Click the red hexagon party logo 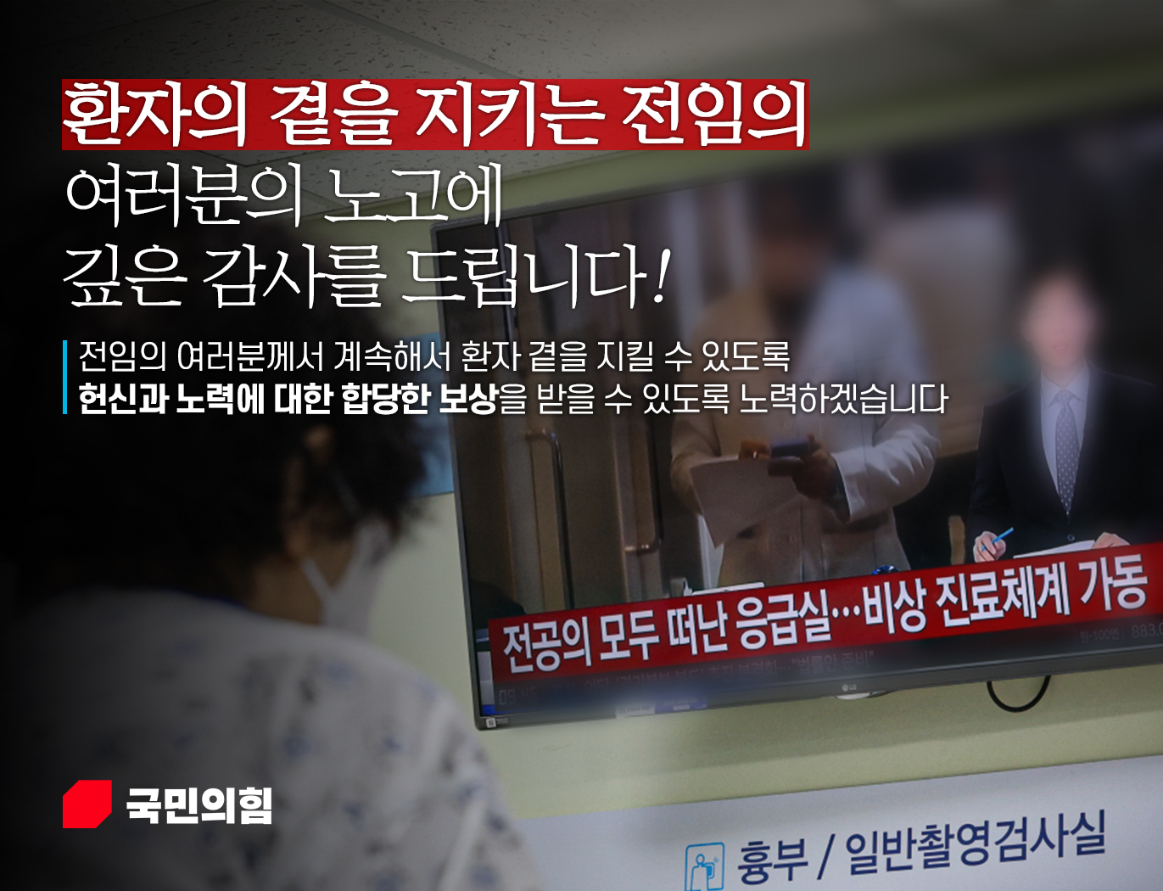[87, 804]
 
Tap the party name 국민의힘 [199, 804]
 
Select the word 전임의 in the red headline [713, 115]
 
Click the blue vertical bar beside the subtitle [65, 377]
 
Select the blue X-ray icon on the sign [705, 866]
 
